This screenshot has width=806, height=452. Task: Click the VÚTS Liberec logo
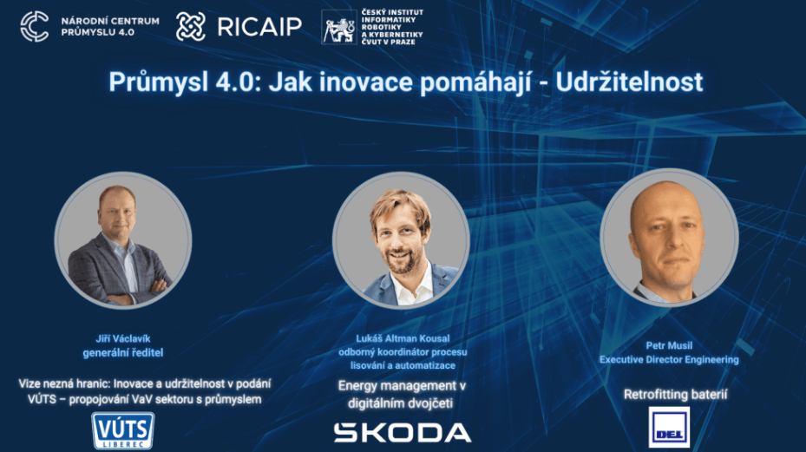pos(123,431)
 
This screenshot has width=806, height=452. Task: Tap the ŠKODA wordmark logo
pos(403,432)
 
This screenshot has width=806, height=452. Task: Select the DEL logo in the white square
pos(669,428)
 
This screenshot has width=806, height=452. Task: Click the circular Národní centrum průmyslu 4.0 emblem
pos(35,27)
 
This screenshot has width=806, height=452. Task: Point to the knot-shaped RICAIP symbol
pos(191,27)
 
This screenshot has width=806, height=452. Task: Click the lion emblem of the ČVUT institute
pos(339,27)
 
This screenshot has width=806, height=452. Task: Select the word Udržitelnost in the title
pos(629,82)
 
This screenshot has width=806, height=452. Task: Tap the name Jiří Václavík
pos(123,338)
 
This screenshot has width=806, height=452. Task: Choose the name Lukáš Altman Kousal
pos(403,338)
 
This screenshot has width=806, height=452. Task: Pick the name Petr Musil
pos(669,345)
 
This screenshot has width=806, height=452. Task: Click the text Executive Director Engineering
pos(669,359)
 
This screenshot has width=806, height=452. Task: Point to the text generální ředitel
pos(123,353)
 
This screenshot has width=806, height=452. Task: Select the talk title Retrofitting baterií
pos(676,395)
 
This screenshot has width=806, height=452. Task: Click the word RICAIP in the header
pos(259,27)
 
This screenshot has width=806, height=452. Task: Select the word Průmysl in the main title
pos(157,82)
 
